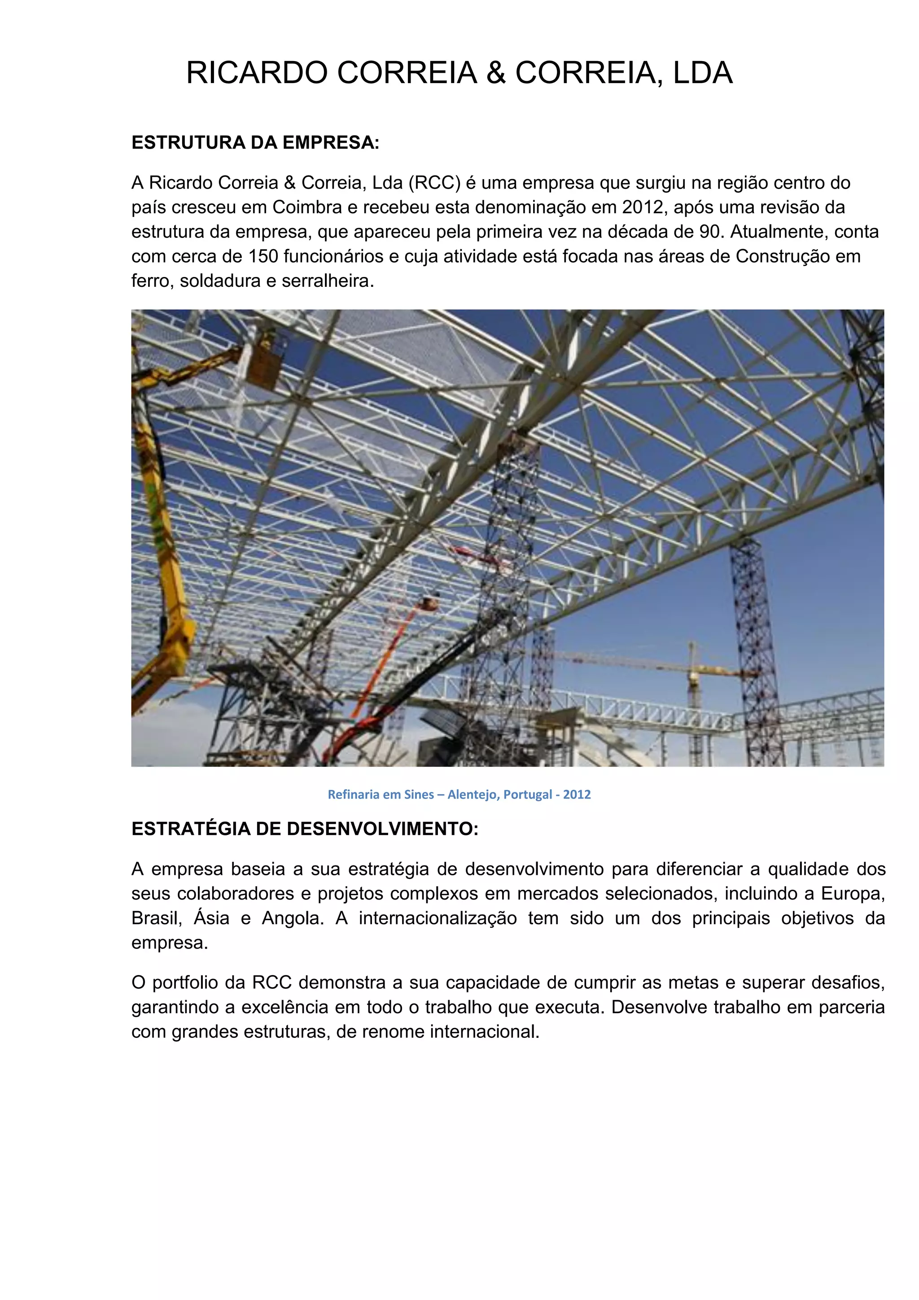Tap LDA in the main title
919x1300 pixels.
click(x=702, y=73)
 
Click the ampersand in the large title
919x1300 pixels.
click(x=496, y=73)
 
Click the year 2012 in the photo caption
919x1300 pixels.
click(x=577, y=795)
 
